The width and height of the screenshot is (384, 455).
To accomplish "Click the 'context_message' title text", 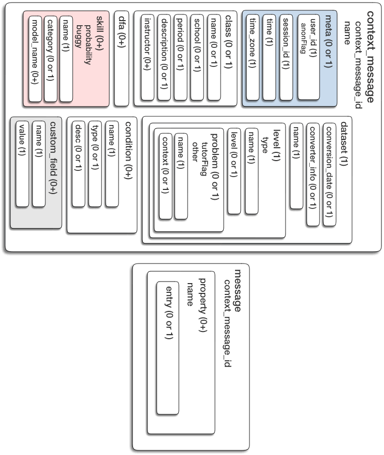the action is tap(370, 57).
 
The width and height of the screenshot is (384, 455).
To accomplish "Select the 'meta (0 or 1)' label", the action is tap(328, 42).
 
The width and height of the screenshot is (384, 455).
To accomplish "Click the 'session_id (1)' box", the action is tap(286, 58).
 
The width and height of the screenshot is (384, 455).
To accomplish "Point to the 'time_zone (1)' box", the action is tap(253, 58).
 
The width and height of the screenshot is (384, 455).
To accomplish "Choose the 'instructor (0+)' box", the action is tap(147, 58).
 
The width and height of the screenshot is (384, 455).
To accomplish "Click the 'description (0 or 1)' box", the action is tap(164, 58).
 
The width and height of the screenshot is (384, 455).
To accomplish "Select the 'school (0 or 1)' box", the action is tap(197, 58).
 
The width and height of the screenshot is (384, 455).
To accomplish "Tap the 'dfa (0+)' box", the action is tap(122, 58).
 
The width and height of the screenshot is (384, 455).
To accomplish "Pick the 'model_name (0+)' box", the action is tap(35, 59).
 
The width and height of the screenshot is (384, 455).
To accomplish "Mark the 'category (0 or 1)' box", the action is tap(51, 59).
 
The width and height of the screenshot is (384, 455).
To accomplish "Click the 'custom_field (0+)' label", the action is tap(53, 157).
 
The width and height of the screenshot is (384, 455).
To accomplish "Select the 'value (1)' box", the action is tap(22, 164).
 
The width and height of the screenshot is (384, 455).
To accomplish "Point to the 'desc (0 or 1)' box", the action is tap(78, 164).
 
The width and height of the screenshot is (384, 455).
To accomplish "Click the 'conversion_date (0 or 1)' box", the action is tap(329, 174).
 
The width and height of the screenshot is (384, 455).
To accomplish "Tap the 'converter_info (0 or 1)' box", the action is tap(313, 174).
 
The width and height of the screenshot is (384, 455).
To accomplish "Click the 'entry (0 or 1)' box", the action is tap(168, 347).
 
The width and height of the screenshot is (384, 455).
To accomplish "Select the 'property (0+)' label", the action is tap(203, 305).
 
